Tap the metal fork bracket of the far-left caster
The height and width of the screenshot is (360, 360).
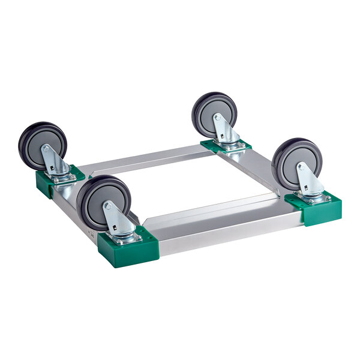[x=55, y=161]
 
